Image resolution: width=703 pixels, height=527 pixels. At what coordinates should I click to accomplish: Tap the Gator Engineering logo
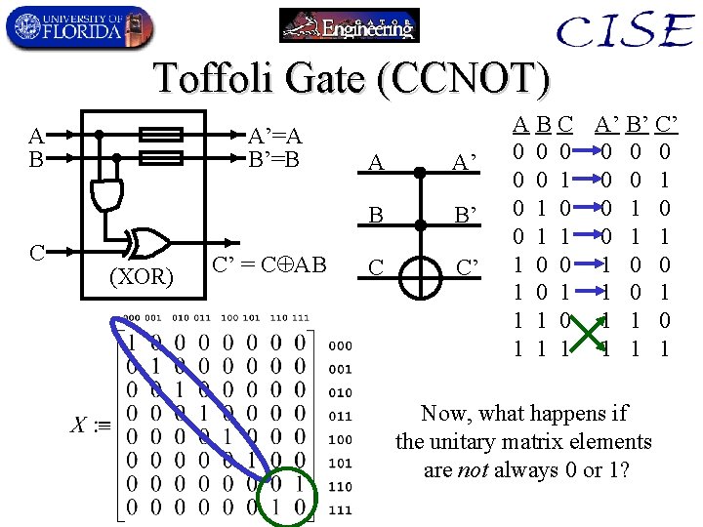[x=349, y=25]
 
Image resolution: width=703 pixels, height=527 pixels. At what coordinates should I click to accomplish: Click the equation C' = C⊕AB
[x=269, y=263]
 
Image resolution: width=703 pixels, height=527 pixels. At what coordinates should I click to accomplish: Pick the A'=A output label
[x=275, y=136]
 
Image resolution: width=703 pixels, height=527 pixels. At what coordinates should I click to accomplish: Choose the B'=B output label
[x=273, y=158]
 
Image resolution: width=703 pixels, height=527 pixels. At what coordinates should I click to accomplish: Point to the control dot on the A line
[x=420, y=172]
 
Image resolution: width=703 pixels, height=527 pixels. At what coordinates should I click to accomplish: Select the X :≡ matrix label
[x=92, y=426]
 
